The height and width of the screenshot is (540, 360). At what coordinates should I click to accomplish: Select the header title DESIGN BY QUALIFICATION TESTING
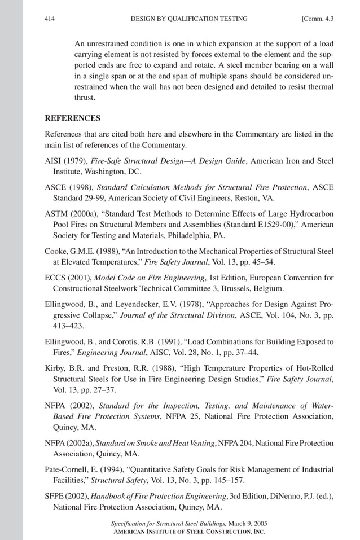click(188, 19)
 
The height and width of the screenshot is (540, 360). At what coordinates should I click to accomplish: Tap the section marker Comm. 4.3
click(318, 19)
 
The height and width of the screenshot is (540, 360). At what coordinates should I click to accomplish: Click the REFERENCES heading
click(72, 118)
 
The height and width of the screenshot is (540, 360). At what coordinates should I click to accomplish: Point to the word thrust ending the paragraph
click(86, 97)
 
